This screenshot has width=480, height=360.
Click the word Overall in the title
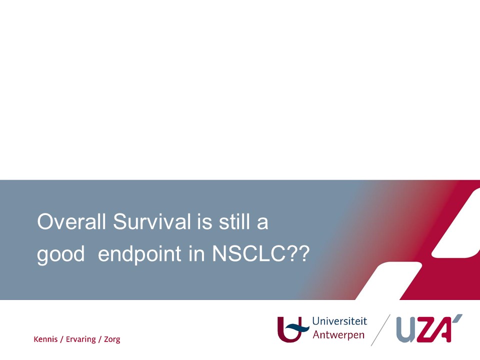[x=71, y=221]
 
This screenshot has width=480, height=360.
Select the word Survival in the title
[x=152, y=221]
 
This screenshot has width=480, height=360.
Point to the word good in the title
[x=60, y=254]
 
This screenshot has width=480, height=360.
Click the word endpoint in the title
[x=139, y=254]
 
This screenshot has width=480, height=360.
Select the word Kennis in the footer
[x=45, y=339]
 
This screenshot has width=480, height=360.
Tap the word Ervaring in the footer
[x=81, y=339]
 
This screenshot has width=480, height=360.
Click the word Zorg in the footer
[x=112, y=339]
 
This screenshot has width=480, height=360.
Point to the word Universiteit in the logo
[x=339, y=321]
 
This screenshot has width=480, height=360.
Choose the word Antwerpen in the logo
[x=338, y=334]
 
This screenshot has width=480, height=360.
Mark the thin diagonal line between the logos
[x=380, y=330]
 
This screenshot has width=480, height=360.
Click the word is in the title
[x=204, y=221]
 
